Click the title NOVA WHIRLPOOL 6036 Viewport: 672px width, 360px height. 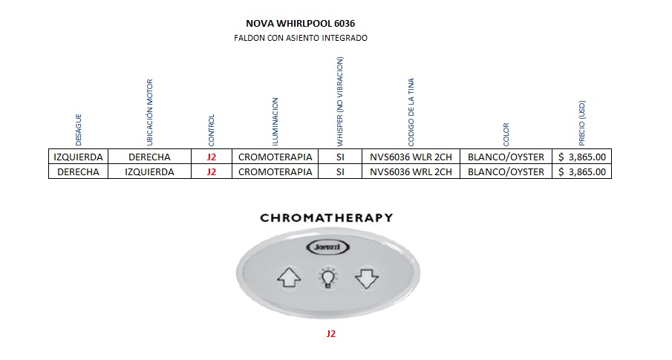300,24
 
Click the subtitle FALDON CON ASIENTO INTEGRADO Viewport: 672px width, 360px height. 300,37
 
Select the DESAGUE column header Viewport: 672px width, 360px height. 79,128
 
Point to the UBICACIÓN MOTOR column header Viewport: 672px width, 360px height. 149,112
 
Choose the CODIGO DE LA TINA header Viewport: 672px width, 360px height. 411,114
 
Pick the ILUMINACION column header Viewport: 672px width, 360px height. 275,121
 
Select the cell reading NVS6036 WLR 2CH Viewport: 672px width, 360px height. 411,157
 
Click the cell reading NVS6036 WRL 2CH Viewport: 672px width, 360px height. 411,172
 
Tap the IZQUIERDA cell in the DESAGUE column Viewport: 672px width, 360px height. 79,157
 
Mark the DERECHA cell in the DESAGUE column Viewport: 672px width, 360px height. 79,172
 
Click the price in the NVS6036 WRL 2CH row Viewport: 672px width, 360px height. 582,172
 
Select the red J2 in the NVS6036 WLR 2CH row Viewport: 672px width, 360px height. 212,157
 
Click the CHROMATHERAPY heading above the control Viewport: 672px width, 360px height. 326,218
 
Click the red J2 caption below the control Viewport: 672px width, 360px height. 331,334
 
